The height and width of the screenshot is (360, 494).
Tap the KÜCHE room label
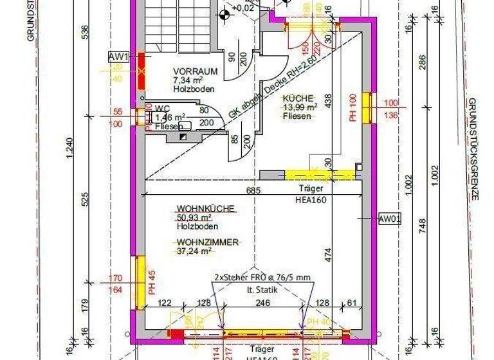point(298,98)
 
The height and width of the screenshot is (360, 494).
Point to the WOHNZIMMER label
point(199,242)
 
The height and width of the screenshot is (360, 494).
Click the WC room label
point(162,108)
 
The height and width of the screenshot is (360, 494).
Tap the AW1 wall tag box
point(119,57)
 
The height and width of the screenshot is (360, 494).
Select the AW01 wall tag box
point(390,219)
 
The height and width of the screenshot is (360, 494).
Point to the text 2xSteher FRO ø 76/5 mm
point(262,278)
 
